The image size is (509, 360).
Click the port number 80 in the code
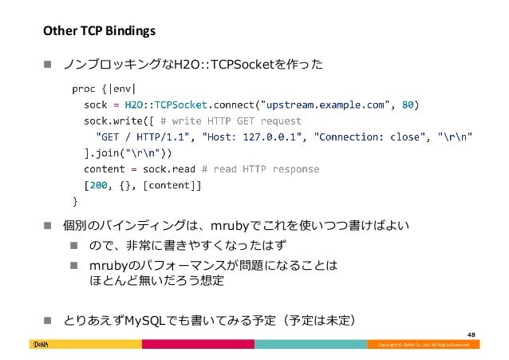(x=408, y=103)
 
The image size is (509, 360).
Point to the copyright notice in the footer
(x=424, y=345)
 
